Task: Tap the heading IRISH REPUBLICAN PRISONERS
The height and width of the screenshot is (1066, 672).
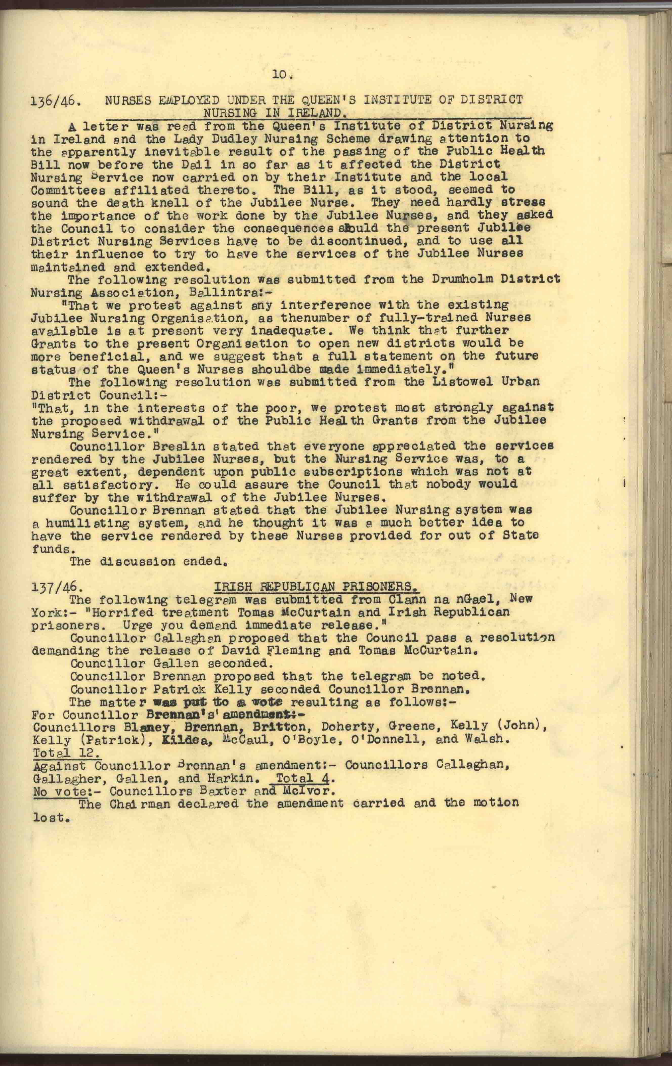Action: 316,587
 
